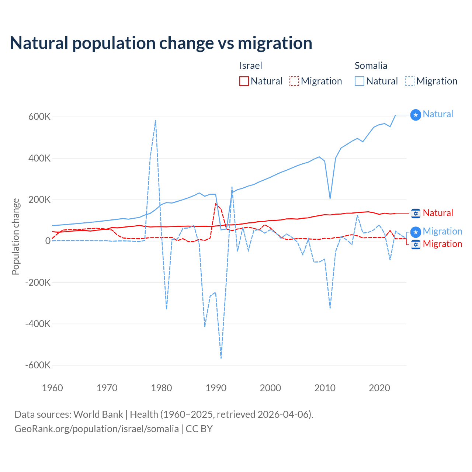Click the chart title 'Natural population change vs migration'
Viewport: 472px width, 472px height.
161,43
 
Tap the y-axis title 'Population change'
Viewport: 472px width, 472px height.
15,237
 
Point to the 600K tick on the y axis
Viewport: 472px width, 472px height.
39,117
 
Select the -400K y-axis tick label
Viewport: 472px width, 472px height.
38,324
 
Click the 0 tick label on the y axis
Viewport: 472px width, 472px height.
48,241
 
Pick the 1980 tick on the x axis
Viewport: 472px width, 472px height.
162,388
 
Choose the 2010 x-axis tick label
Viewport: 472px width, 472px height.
325,388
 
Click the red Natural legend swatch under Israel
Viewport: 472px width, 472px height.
244,81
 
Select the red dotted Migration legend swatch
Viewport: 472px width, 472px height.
294,81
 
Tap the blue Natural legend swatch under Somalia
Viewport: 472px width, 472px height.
360,81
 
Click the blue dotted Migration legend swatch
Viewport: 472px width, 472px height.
410,81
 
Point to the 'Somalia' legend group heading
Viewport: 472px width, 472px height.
371,66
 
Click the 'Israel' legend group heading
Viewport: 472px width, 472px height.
251,66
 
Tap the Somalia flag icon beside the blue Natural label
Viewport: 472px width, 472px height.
416,115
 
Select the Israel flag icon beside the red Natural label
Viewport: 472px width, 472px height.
416,213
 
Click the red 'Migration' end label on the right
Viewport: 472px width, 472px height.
442,244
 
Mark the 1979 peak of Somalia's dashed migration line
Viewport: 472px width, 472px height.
156,121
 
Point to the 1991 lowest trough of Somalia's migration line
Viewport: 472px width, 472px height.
221,358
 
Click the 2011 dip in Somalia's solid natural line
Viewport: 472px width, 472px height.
330,198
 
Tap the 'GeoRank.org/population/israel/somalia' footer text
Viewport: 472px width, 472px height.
97,429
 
